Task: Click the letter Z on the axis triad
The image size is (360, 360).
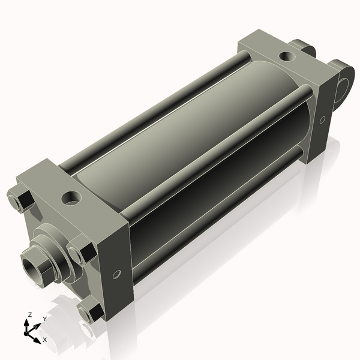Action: tap(29, 315)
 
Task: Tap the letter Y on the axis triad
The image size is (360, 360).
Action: tap(45, 319)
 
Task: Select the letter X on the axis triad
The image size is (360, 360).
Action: tap(45, 340)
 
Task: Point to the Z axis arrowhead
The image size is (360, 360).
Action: tap(27, 323)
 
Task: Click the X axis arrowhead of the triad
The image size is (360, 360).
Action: tap(37, 340)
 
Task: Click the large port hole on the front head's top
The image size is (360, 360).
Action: tap(71, 197)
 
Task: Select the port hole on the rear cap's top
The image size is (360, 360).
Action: tap(287, 56)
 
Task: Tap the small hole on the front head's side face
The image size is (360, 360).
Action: tap(116, 274)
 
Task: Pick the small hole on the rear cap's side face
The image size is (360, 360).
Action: tap(323, 119)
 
